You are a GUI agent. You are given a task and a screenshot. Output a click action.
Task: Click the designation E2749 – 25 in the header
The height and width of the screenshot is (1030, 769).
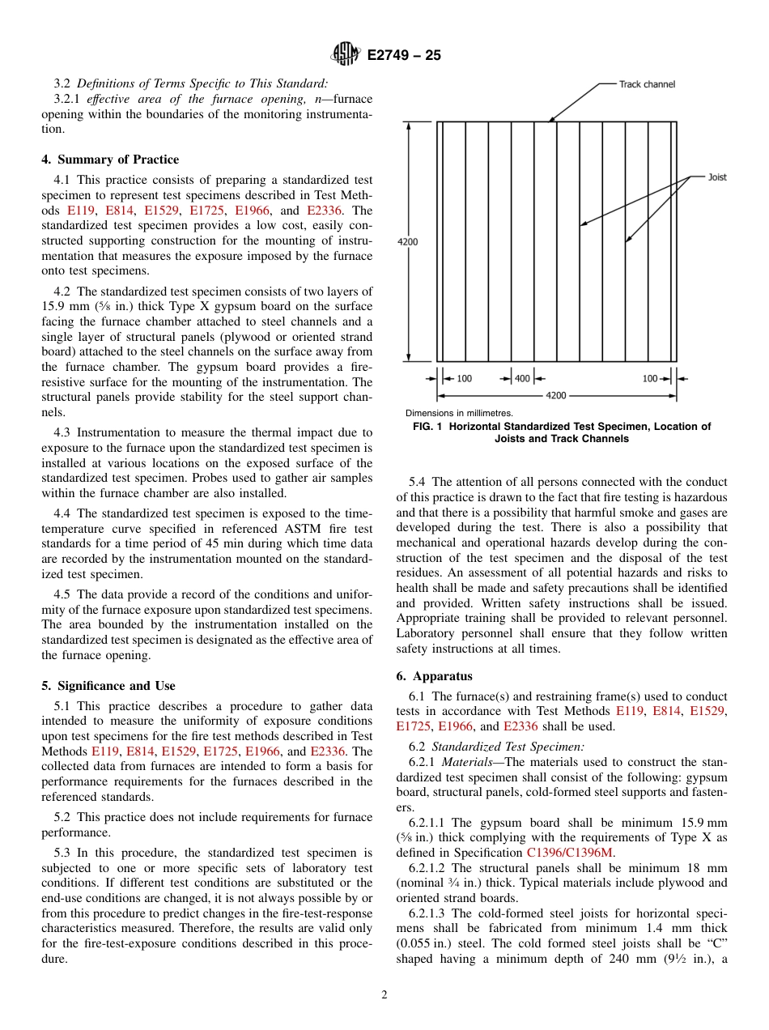[404, 56]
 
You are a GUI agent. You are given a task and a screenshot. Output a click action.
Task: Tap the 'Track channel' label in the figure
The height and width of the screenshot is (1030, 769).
[647, 84]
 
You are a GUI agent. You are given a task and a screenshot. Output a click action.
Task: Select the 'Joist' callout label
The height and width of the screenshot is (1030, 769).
[717, 177]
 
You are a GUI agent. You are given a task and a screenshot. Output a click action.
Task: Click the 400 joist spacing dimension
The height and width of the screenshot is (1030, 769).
[522, 378]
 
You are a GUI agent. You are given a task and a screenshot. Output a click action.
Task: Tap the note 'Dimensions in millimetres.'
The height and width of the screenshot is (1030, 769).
[459, 413]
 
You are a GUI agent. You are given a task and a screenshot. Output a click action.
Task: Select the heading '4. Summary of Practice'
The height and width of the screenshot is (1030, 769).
[110, 160]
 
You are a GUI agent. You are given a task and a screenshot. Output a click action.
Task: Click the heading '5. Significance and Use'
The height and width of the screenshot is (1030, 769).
[108, 686]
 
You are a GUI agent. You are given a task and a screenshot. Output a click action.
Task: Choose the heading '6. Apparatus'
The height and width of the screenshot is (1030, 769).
[435, 676]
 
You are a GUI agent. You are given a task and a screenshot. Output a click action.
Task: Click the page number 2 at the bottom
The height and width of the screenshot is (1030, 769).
[384, 995]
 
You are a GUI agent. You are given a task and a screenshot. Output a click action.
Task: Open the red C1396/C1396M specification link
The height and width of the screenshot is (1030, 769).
[570, 853]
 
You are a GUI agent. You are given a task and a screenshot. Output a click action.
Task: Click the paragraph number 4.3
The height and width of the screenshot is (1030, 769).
[63, 432]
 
